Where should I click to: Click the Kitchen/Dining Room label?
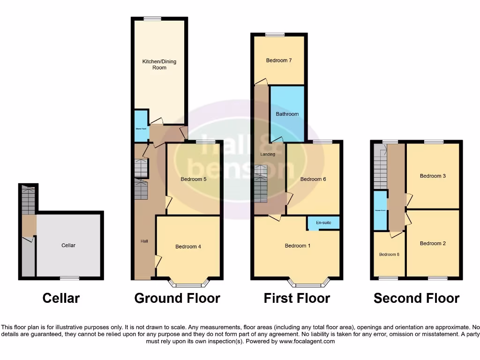tap(159, 64)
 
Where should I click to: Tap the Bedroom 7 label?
tap(279, 60)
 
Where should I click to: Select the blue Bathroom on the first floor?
tap(287, 114)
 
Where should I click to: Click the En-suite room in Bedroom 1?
tap(323, 223)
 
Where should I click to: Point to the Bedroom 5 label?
tap(194, 179)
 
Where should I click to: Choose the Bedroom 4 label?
tap(188, 247)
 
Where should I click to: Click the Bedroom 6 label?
tap(313, 179)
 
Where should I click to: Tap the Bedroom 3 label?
tap(433, 176)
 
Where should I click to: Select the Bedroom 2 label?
tap(433, 243)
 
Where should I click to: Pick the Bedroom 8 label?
tap(389, 255)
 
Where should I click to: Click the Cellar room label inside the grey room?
tap(68, 245)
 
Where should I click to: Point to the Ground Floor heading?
tap(177, 298)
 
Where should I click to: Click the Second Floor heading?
tap(416, 298)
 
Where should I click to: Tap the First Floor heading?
tap(297, 298)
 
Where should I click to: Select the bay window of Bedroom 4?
tap(188, 283)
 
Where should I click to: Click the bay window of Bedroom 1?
tap(308, 283)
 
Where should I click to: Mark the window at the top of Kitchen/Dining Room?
tap(152, 19)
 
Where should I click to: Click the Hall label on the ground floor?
tap(144, 241)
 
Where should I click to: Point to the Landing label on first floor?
tap(268, 154)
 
